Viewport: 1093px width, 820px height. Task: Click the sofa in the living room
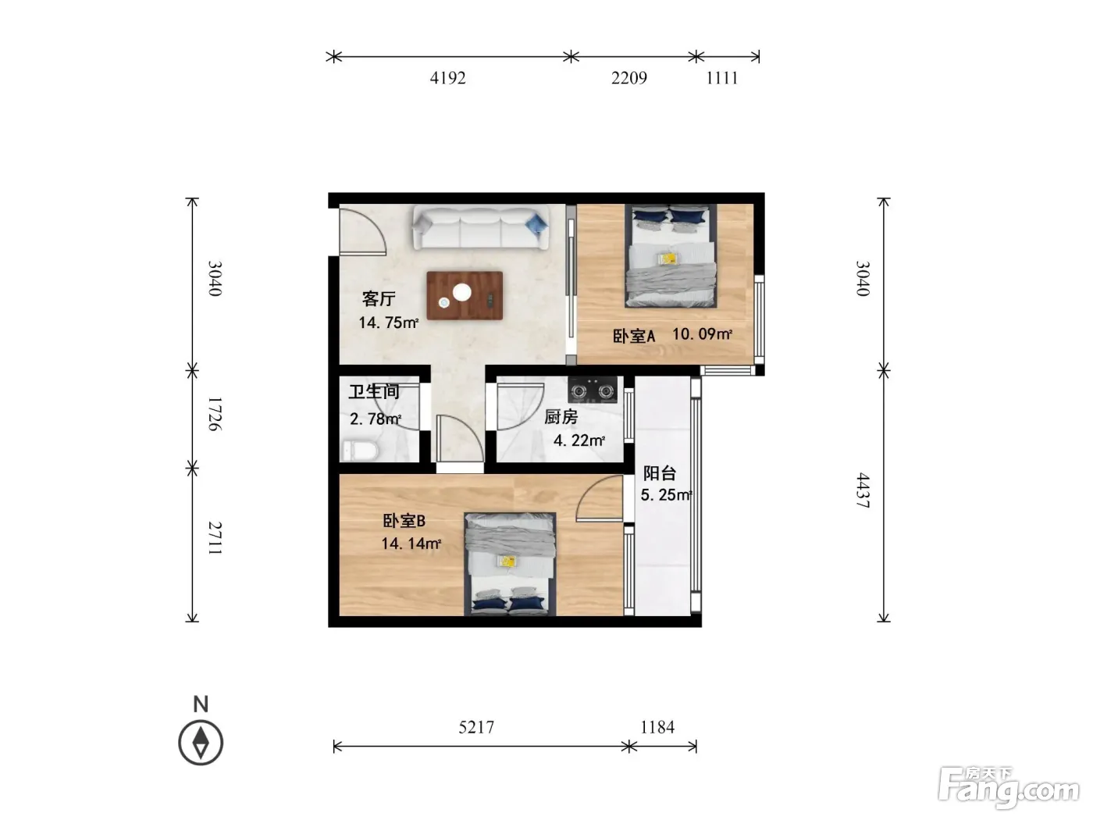[480, 227]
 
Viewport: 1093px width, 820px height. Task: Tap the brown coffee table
[464, 295]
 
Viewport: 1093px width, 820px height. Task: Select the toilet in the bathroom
[360, 451]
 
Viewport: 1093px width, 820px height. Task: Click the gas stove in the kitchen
[593, 390]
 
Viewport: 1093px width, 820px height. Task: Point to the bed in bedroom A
[671, 256]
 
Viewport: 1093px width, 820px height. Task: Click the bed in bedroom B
[510, 564]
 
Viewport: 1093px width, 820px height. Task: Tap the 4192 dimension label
[447, 78]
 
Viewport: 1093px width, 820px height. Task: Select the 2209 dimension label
[629, 78]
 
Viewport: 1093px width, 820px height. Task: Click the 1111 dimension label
[722, 78]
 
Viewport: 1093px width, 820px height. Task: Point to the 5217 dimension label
[476, 727]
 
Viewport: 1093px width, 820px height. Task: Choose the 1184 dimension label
[657, 727]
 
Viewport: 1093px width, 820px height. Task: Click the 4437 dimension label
[863, 490]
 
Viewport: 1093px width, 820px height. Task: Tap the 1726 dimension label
[215, 414]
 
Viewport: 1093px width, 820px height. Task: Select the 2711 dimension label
[215, 538]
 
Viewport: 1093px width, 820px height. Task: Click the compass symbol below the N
[201, 743]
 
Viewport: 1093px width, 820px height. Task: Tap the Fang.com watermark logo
[1009, 788]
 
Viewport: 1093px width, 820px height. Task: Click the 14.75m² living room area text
[388, 323]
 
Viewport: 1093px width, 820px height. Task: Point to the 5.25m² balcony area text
[666, 495]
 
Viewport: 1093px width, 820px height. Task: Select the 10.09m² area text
[702, 333]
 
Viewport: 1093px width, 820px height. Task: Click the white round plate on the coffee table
[462, 292]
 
